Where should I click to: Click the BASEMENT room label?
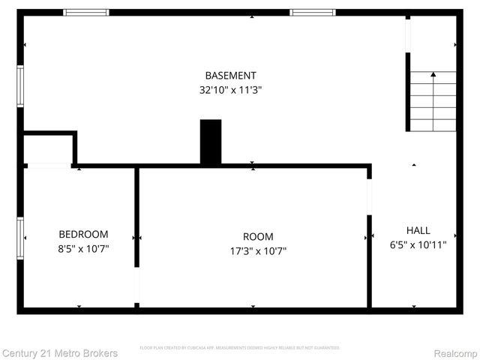coord(230,75)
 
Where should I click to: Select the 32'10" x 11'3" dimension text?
coord(230,89)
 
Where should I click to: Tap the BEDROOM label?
coord(83,234)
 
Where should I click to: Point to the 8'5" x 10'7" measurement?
coord(83,248)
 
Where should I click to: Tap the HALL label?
coord(418,230)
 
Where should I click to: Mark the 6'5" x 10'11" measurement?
coord(418,244)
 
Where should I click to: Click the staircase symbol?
coord(432,101)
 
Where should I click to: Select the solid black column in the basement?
coord(211,142)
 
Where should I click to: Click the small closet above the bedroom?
coord(48,149)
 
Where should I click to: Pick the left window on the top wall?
coord(85,13)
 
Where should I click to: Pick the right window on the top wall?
coord(313,13)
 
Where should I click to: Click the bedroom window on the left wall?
coord(21,238)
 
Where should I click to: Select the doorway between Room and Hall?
coord(369,196)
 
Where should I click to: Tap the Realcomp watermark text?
coord(455,352)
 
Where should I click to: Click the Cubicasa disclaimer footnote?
coord(240,348)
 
